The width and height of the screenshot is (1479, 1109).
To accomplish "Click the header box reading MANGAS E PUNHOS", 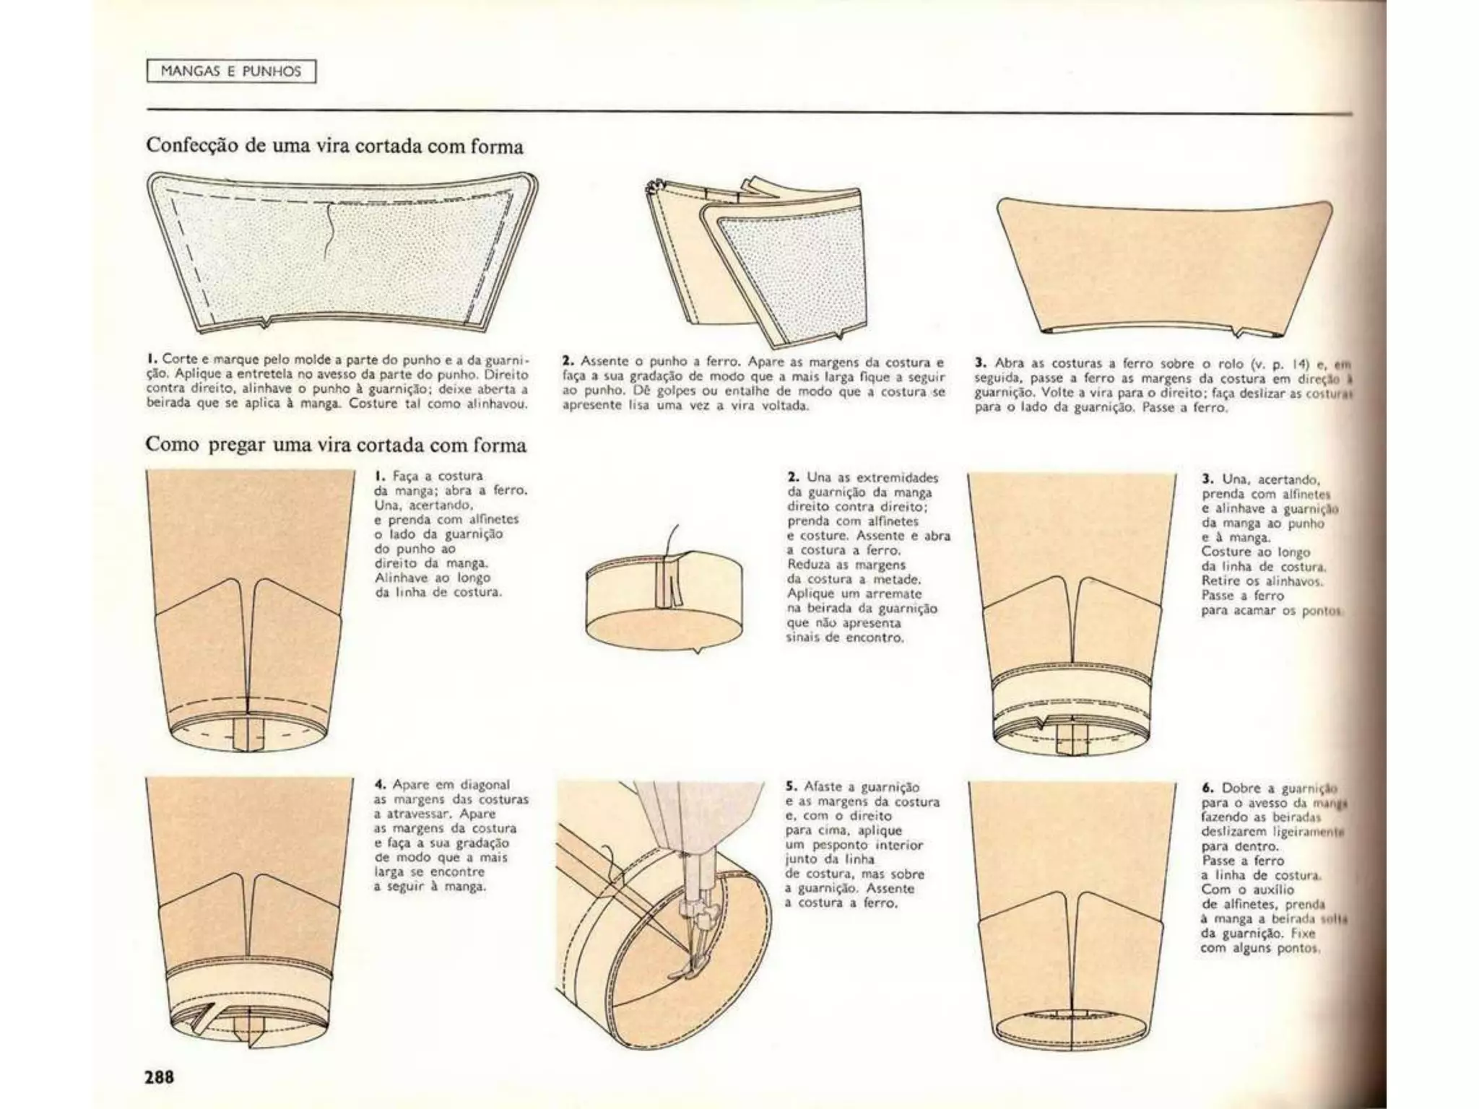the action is click(x=231, y=71).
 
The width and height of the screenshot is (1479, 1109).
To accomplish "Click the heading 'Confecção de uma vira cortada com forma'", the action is click(x=334, y=146).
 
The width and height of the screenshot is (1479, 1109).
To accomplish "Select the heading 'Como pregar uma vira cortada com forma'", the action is click(x=336, y=445).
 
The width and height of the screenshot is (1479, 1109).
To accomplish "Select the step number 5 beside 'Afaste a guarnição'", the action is click(x=790, y=787).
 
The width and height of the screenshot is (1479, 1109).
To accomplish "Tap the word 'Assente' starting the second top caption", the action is click(x=603, y=361).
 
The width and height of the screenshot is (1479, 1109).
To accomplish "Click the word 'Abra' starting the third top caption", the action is click(x=1009, y=363).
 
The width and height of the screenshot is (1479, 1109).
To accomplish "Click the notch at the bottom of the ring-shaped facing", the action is click(x=697, y=651).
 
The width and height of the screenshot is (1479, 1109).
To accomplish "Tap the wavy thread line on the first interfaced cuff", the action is click(x=329, y=231).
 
